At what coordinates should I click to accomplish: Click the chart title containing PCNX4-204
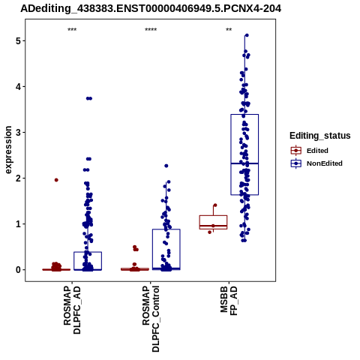point(151,8)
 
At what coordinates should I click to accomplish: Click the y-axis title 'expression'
point(8,150)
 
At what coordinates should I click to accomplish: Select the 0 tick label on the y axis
point(19,270)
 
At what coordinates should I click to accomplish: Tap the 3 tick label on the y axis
point(19,132)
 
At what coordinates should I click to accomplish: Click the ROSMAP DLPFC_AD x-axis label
point(72,310)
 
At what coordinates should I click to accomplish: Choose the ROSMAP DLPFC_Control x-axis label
point(151,319)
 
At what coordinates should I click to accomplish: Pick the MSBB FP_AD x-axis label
point(229,301)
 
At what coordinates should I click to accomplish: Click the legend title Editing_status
point(320,136)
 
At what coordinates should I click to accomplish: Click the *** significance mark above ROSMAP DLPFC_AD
point(72,30)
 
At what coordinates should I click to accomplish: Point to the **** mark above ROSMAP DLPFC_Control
point(151,30)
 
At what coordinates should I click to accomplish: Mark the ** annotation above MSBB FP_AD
point(229,30)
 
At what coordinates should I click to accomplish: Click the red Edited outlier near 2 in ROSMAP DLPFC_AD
point(56,180)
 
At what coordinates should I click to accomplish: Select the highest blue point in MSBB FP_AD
point(247,35)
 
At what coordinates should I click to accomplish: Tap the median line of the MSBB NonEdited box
point(244,163)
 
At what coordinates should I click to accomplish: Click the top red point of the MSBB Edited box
point(215,205)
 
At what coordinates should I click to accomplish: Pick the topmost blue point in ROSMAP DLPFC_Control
point(166,166)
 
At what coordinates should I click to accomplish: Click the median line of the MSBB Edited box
point(213,226)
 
